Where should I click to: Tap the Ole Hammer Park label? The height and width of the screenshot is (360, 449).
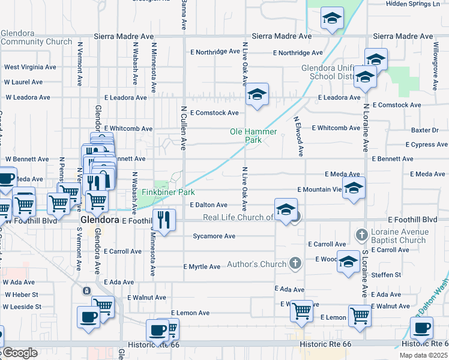click(x=253, y=136)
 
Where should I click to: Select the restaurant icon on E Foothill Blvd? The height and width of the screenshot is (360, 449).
click(x=163, y=220)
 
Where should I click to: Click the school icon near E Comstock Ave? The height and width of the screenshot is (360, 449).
click(x=257, y=95)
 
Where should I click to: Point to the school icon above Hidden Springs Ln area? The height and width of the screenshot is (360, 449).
click(x=331, y=19)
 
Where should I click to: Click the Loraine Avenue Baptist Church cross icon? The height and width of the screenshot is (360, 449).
click(x=361, y=233)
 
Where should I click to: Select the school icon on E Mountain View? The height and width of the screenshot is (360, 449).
click(x=354, y=188)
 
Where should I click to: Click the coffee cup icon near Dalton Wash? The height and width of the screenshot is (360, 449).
click(x=421, y=328)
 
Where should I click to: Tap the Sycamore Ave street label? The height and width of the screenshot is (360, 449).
click(x=214, y=236)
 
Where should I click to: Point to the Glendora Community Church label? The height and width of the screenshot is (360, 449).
click(x=37, y=38)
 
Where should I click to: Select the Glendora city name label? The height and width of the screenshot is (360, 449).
click(x=100, y=220)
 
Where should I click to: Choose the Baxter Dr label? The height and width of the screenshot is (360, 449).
click(x=425, y=130)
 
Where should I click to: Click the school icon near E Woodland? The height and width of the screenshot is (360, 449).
click(x=348, y=262)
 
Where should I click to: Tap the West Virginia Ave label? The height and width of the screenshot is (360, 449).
click(x=30, y=67)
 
